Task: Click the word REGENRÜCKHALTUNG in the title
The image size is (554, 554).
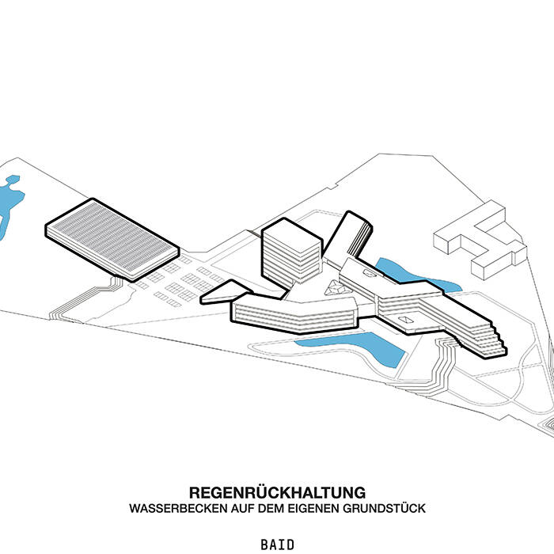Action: [277, 492]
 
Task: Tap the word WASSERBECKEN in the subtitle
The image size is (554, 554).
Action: [170, 508]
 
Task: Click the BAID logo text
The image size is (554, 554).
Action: [277, 545]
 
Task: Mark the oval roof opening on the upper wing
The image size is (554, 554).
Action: [371, 271]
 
